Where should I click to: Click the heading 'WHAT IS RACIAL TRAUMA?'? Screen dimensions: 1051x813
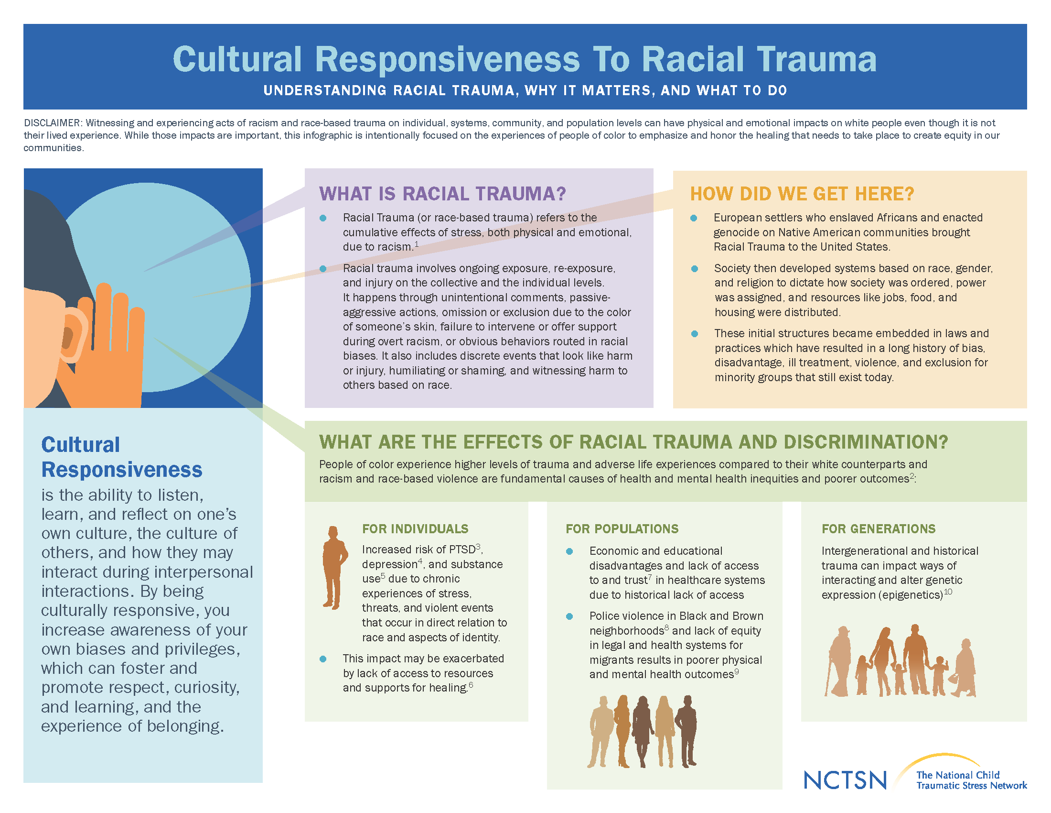[x=442, y=194]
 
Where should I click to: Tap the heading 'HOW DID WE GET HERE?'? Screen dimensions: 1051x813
[x=802, y=194]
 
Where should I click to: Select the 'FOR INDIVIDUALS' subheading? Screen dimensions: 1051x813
[x=415, y=529]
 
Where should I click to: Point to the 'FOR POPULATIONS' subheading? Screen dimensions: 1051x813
[x=622, y=529]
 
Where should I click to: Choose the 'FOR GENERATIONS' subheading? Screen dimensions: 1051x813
[x=879, y=529]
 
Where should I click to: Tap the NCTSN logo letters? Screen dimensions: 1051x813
[x=845, y=780]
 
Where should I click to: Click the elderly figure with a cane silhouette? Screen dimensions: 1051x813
[x=838, y=661]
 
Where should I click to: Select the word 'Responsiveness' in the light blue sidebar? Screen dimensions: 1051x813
[x=122, y=470]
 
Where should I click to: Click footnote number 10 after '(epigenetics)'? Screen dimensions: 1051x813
[x=948, y=592]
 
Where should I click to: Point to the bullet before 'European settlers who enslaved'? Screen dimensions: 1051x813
[x=694, y=218]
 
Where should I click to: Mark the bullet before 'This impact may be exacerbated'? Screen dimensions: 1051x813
[x=323, y=659]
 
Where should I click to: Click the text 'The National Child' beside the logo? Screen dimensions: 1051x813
[x=958, y=775]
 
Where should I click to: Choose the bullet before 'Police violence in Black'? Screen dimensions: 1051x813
[x=569, y=616]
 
